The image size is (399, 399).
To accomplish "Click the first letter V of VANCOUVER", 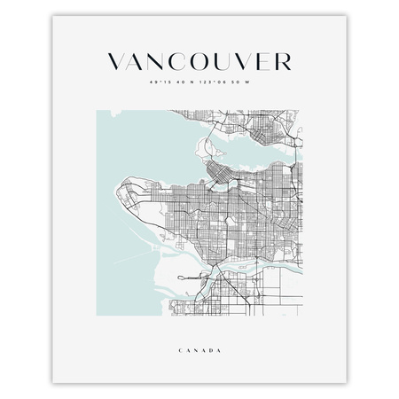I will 116,61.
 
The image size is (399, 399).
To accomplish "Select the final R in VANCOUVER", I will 281,61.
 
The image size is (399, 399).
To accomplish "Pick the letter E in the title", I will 263,61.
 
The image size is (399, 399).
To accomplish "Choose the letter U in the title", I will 223,61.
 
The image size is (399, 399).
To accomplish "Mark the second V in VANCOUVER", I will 244,61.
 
